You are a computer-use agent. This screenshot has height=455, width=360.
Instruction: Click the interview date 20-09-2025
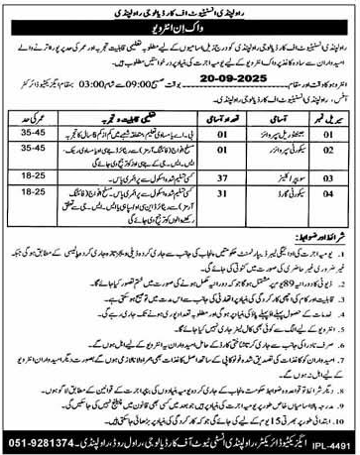(x=229, y=74)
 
